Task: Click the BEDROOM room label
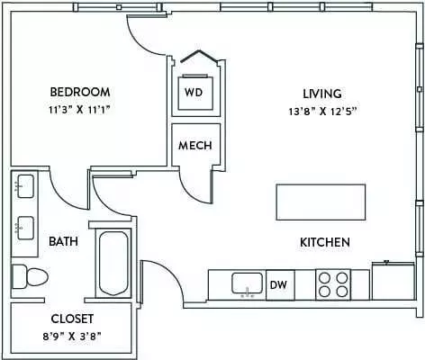click(x=80, y=92)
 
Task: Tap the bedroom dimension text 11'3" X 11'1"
click(x=78, y=110)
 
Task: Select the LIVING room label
click(x=322, y=94)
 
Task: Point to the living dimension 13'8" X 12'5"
click(x=322, y=112)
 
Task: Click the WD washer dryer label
click(x=194, y=92)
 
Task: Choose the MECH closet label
click(x=195, y=146)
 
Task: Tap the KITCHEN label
click(x=325, y=242)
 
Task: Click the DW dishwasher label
click(x=278, y=284)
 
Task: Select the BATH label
click(x=63, y=241)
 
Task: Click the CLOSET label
click(x=72, y=319)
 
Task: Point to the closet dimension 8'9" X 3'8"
click(x=72, y=337)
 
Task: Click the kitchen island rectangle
click(x=321, y=202)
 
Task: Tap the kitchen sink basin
click(x=247, y=283)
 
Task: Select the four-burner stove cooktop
click(x=333, y=284)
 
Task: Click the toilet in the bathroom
click(x=30, y=276)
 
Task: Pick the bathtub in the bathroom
click(x=113, y=263)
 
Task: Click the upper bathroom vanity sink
click(x=25, y=186)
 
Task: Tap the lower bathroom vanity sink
click(x=25, y=228)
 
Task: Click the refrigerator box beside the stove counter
click(x=393, y=281)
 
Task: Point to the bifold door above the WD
click(x=199, y=56)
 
